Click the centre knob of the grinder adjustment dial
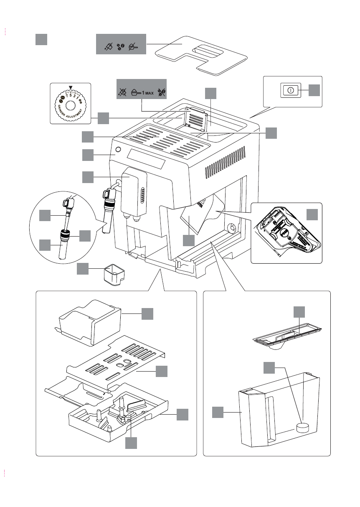point(70,104)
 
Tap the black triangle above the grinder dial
point(71,87)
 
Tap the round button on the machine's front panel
point(118,150)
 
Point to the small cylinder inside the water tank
point(301,427)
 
